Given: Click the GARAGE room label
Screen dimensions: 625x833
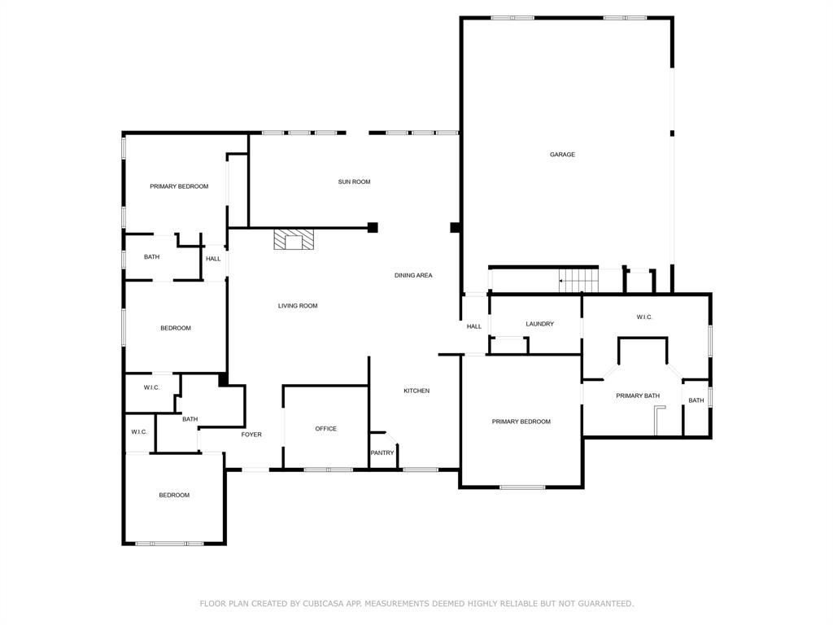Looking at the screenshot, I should point(562,155).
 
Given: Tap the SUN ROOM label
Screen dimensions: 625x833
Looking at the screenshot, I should point(354,181).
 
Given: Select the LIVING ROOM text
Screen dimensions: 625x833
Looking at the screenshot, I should point(298,306).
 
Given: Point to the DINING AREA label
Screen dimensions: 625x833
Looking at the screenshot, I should point(413,276).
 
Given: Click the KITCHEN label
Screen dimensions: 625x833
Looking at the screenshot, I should point(416,391).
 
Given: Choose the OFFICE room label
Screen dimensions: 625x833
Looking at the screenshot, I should point(325,429).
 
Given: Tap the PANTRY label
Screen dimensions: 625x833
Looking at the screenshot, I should point(382,453).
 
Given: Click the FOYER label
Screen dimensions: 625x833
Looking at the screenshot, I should point(251,435).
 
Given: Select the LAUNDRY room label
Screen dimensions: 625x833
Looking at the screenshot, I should point(539,324).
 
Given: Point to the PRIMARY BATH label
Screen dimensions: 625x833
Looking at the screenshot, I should point(638,396).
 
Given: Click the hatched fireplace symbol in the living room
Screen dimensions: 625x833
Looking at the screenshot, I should point(293,239).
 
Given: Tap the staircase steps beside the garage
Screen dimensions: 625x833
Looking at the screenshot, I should point(581,280).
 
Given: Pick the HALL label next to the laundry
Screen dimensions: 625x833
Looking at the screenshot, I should point(474,326).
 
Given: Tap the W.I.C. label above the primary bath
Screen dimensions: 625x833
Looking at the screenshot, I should point(644,317).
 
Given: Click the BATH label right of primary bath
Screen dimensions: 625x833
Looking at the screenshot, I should point(696,400).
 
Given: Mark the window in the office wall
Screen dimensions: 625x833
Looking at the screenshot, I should point(329,470).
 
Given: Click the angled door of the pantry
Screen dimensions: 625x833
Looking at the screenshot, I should point(379,435).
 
